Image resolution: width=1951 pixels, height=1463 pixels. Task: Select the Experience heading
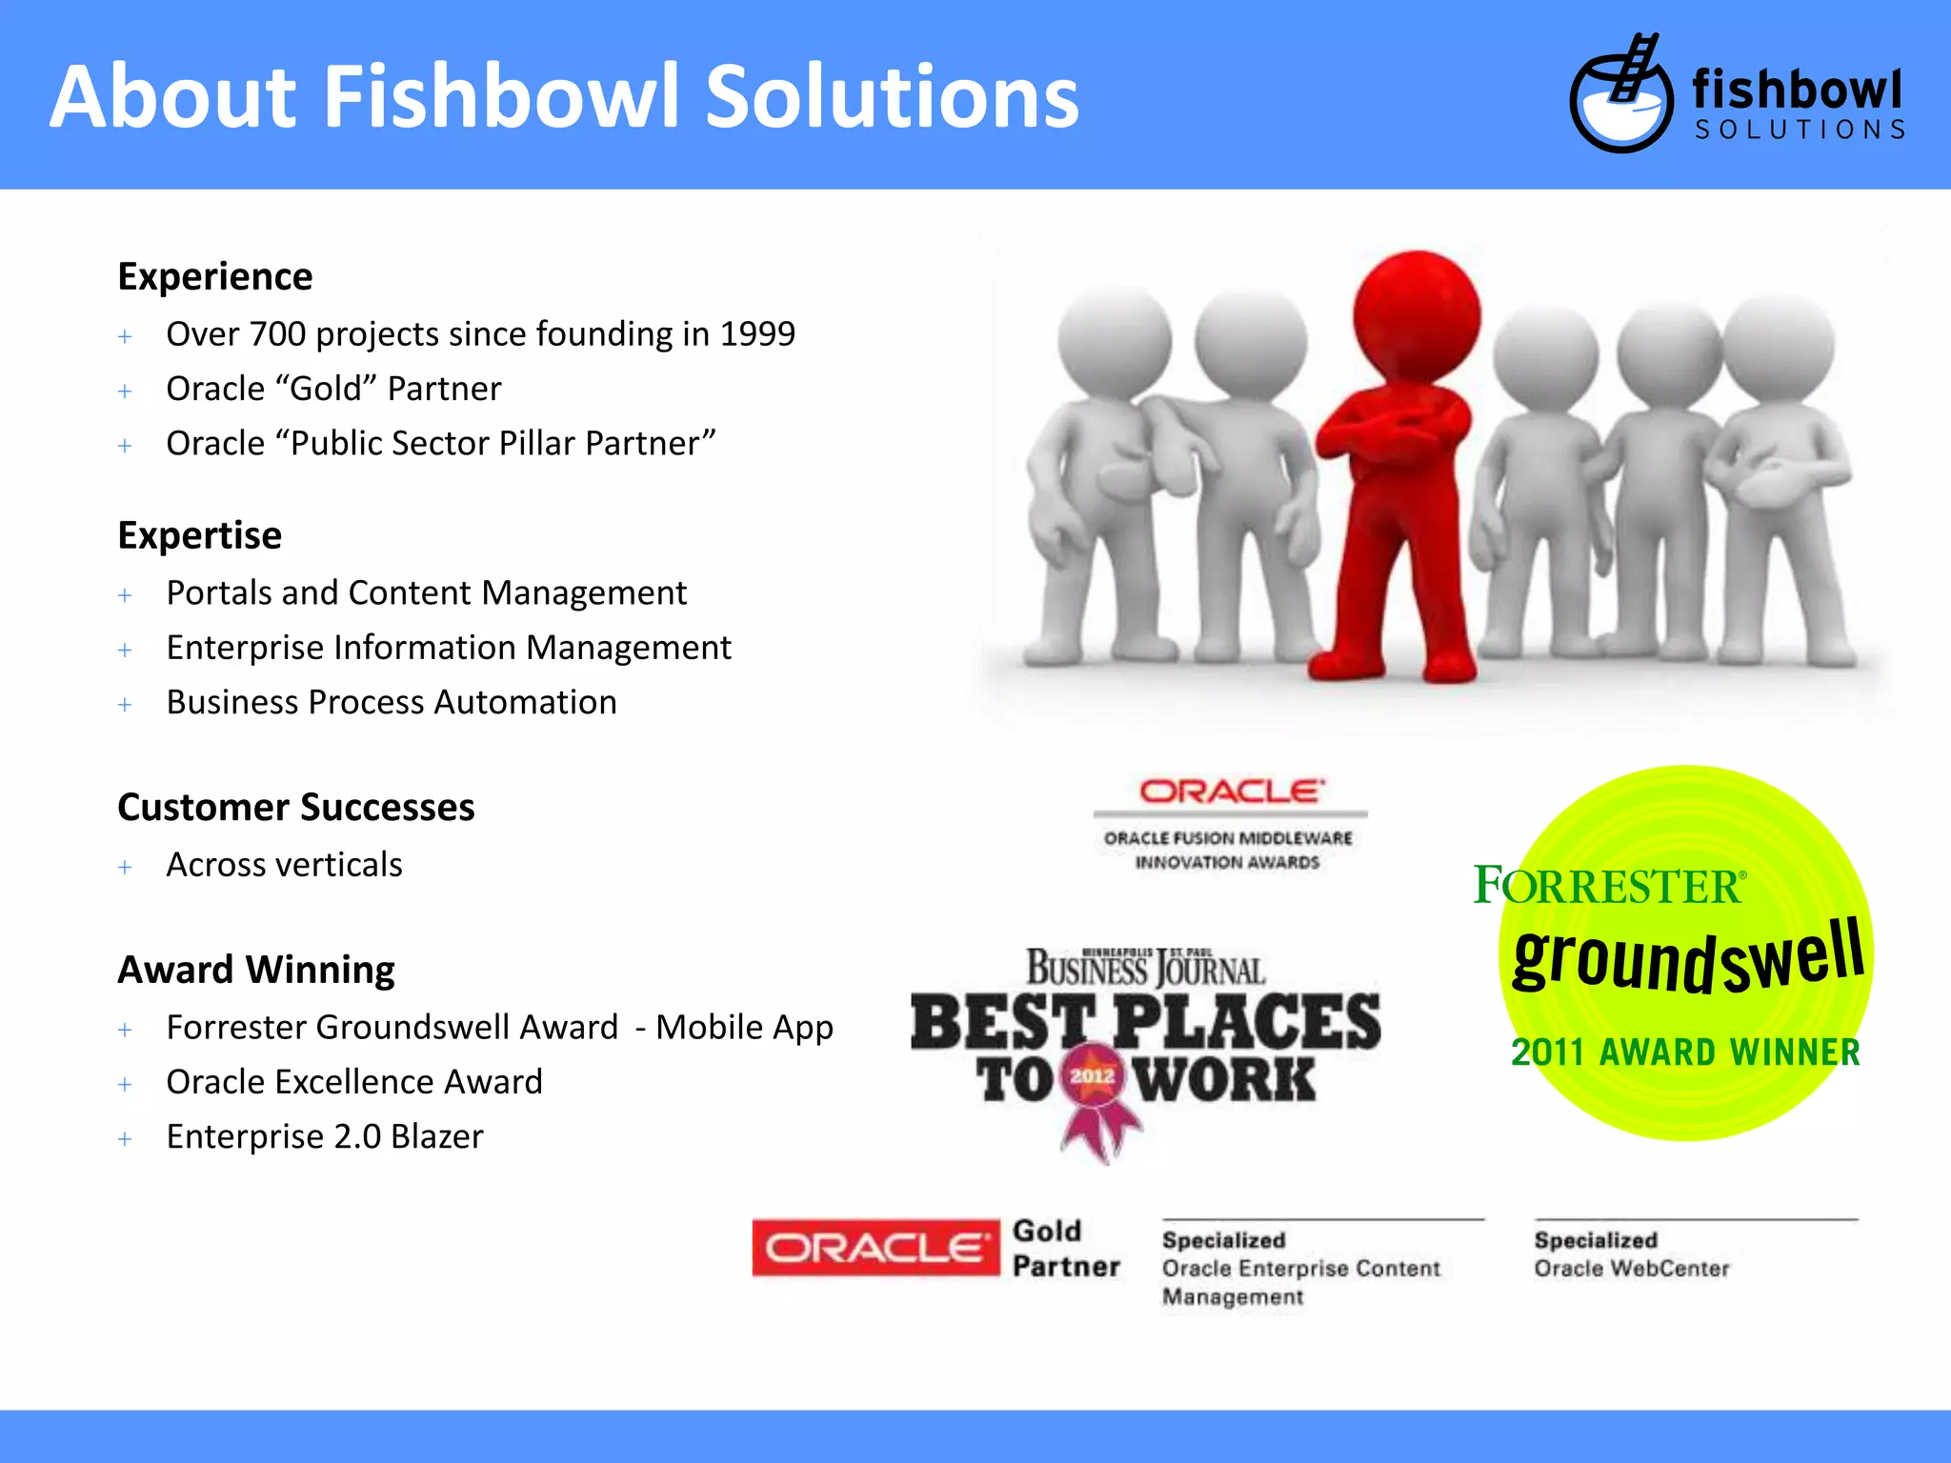[x=214, y=277]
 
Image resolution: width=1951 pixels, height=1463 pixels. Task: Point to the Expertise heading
[x=199, y=536]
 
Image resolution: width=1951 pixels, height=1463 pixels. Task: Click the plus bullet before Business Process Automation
[x=125, y=705]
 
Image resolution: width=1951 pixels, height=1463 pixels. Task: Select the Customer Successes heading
[x=295, y=808]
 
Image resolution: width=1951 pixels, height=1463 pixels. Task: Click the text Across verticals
[x=284, y=865]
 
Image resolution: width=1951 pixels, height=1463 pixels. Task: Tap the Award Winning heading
[x=255, y=971]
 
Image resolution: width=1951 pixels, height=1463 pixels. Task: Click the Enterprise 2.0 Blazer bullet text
[x=324, y=1137]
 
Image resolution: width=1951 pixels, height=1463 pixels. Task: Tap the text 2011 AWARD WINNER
[x=1684, y=1052]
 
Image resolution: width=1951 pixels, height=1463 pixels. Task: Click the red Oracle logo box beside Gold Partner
[x=875, y=1248]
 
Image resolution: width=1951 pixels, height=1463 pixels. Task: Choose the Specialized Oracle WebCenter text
[x=1631, y=1254]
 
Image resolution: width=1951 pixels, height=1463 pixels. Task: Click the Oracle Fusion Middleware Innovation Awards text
[x=1228, y=850]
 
